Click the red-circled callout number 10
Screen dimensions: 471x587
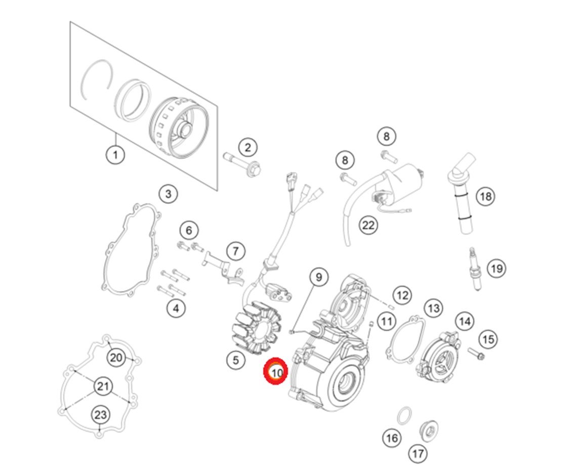pos(276,373)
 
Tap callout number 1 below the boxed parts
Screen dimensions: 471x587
pos(115,154)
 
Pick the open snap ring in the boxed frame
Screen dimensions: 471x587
pos(98,81)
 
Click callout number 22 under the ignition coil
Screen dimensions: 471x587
pos(368,225)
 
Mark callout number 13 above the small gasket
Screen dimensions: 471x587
pos(434,308)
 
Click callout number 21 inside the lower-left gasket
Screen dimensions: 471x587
pos(103,387)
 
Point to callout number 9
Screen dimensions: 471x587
pos(318,277)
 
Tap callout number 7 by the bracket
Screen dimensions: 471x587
pos(235,250)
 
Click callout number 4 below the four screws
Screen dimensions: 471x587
pos(176,308)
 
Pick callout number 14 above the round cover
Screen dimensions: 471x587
pos(465,321)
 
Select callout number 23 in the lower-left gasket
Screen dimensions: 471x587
pos(101,415)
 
